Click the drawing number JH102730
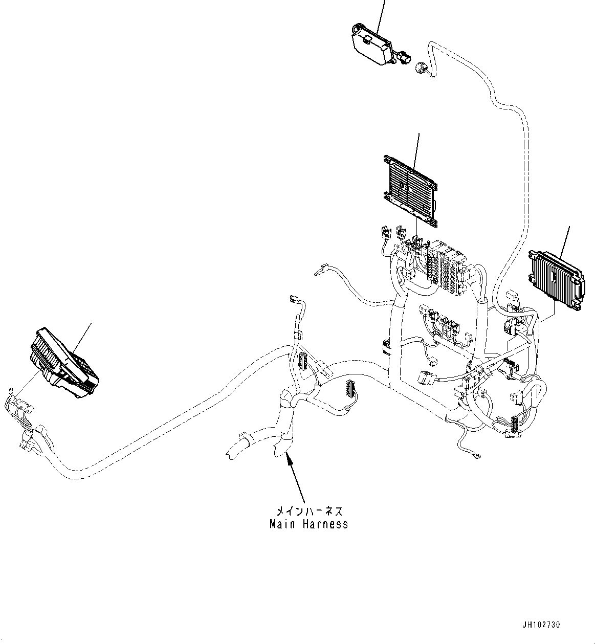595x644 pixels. point(541,625)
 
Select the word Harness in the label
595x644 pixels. point(323,524)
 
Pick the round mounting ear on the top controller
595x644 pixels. point(358,28)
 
